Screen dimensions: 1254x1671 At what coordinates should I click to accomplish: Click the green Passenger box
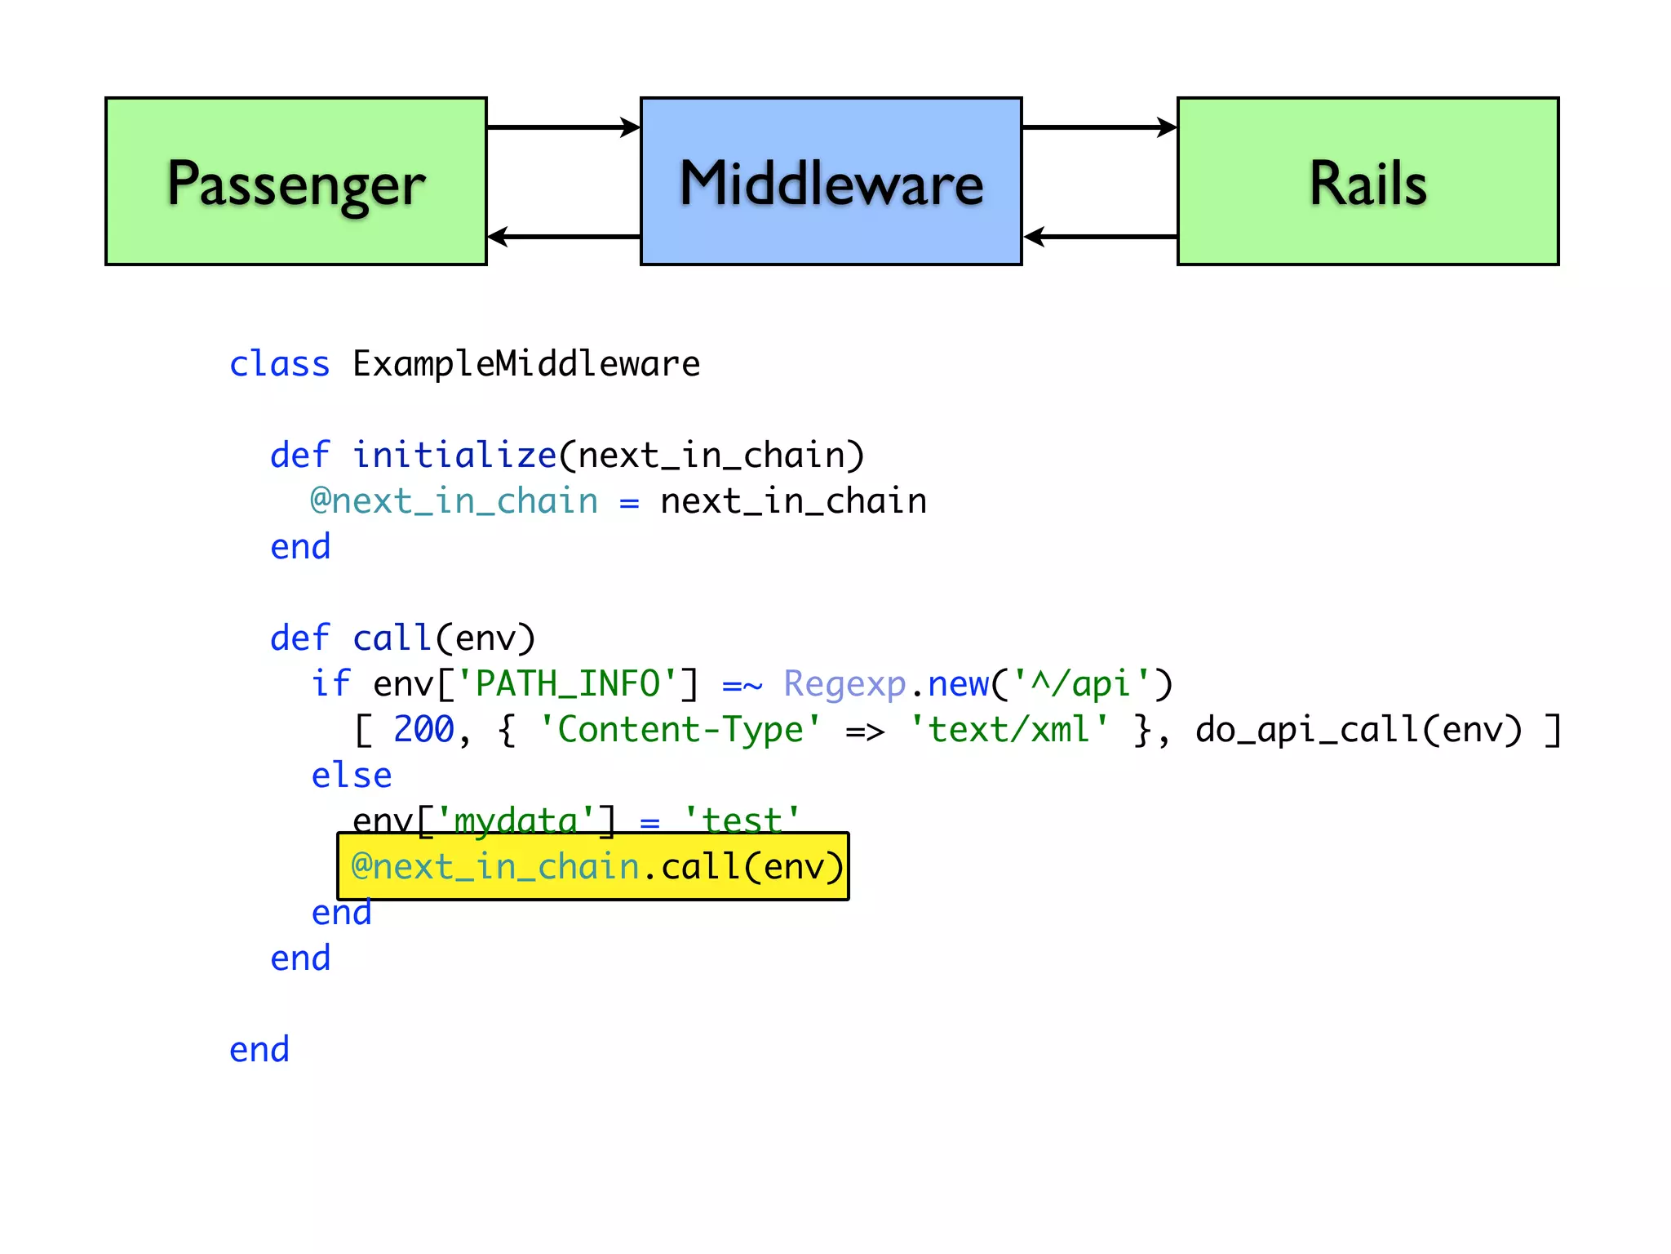(x=295, y=181)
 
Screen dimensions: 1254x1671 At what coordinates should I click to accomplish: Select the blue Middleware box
(x=831, y=181)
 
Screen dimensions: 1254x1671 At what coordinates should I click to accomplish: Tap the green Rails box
(x=1367, y=181)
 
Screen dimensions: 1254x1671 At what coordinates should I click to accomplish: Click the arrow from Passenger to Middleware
(x=563, y=127)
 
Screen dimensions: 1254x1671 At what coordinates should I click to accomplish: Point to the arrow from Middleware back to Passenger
(x=563, y=237)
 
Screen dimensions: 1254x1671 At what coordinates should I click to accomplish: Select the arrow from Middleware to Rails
(x=1099, y=127)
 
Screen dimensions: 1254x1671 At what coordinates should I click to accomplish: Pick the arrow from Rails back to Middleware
(x=1099, y=237)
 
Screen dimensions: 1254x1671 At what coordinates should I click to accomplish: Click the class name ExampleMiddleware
(x=525, y=364)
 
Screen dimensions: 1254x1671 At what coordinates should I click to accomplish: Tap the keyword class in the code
(x=279, y=364)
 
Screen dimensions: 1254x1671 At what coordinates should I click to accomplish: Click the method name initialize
(x=454, y=456)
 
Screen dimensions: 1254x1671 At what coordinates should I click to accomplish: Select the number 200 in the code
(x=423, y=730)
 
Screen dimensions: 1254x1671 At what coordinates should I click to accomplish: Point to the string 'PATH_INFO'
(x=567, y=684)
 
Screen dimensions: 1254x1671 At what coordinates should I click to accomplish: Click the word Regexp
(x=844, y=684)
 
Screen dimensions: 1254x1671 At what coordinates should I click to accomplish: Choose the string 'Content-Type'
(x=680, y=730)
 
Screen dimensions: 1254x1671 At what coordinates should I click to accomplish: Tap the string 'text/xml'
(x=1009, y=730)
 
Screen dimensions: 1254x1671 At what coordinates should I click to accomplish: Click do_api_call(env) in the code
(x=1359, y=730)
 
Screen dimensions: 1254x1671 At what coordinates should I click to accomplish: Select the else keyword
(x=351, y=776)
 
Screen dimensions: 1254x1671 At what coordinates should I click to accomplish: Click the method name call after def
(x=392, y=638)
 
